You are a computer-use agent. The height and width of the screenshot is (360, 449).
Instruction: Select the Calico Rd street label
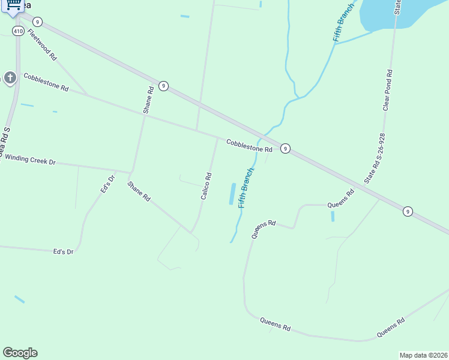[206, 186]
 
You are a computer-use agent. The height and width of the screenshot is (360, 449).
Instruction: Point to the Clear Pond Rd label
[388, 91]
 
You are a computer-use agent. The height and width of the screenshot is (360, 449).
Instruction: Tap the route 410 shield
[18, 31]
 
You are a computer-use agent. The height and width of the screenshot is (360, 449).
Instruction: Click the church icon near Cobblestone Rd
[10, 77]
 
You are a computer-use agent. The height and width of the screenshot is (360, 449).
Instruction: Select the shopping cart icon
[13, 5]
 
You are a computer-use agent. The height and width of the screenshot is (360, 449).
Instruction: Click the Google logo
[20, 353]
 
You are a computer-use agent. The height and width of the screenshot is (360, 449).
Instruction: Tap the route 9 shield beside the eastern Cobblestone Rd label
[286, 149]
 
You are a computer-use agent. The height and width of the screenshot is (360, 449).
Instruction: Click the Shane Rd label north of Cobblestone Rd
[148, 100]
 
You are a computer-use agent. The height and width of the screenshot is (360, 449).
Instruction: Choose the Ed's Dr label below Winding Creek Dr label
[106, 186]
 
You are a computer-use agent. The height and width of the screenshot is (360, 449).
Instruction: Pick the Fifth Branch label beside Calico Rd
[246, 188]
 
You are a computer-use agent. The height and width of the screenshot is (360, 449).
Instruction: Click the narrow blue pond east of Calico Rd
[232, 193]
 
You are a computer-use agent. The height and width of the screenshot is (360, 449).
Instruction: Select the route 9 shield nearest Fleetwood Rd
[38, 22]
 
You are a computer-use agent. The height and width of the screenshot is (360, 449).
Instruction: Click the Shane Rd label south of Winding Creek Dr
[139, 191]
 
